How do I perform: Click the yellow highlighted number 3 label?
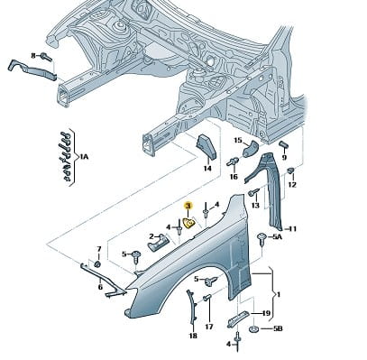(x=188, y=207)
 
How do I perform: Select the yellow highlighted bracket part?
(x=189, y=224)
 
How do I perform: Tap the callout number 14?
(x=207, y=169)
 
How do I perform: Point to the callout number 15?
(x=238, y=140)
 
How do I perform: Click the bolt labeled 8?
(x=47, y=56)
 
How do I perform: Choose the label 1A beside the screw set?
(x=84, y=156)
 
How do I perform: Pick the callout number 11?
(x=292, y=229)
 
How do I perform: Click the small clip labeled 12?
(x=291, y=171)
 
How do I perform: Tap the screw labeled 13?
(x=253, y=192)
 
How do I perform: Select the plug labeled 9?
(x=283, y=144)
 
